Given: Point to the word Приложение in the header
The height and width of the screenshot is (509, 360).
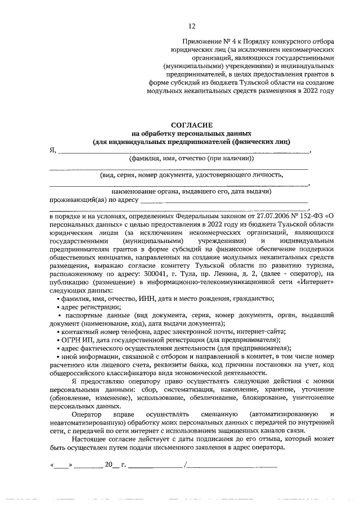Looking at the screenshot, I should tap(202, 42).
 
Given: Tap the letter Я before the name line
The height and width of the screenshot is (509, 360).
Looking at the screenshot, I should tap(52, 150).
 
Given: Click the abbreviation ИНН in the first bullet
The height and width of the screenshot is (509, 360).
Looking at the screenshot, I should tap(148, 299).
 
